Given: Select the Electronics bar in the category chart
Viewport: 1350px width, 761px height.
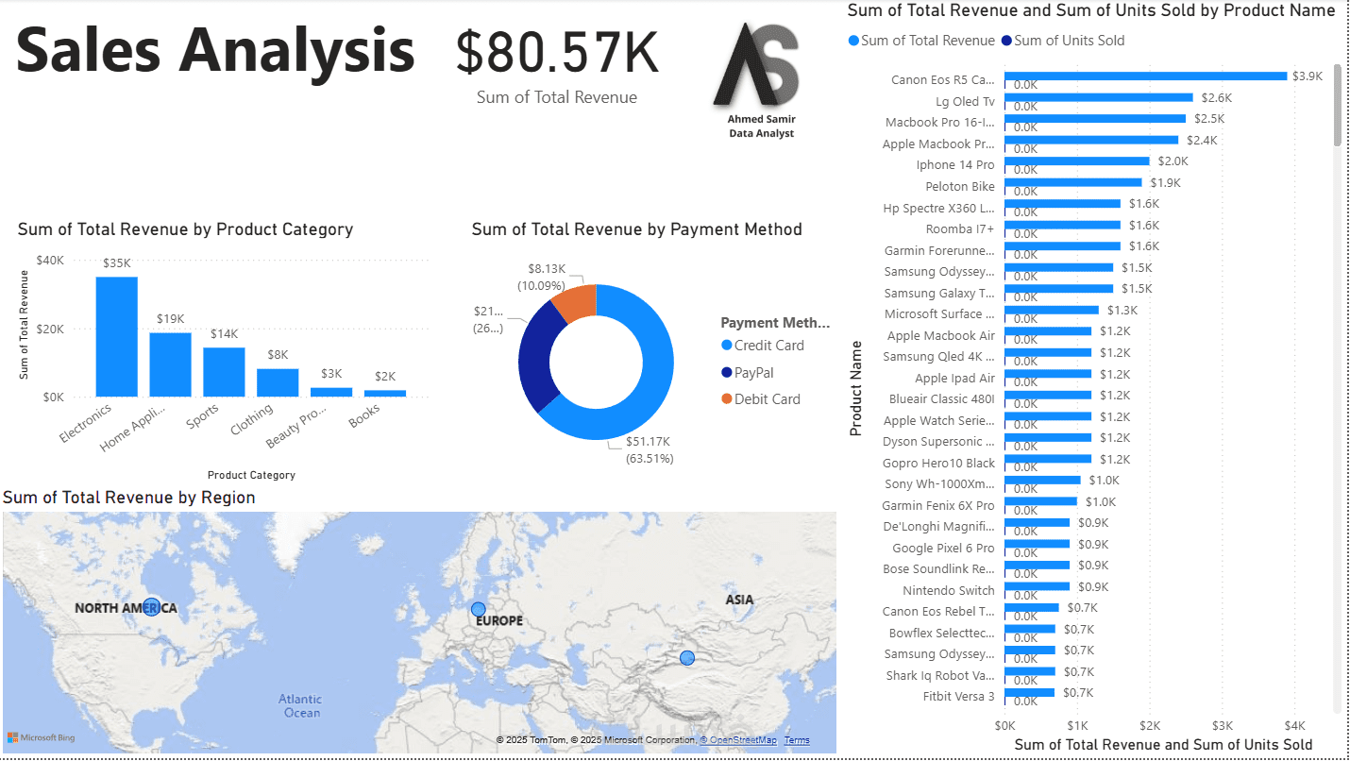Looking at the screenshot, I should click(x=116, y=336).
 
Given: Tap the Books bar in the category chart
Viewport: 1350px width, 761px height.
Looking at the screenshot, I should click(x=385, y=393).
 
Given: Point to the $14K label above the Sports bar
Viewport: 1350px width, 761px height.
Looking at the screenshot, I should click(x=225, y=334).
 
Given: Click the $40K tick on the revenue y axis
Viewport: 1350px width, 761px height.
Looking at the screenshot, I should click(x=50, y=261).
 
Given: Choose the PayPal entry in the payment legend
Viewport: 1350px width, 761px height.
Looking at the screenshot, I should click(x=753, y=372).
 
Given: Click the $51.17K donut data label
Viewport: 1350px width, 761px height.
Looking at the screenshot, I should click(x=649, y=442).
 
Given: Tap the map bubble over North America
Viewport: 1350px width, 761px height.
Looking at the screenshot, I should click(x=151, y=607).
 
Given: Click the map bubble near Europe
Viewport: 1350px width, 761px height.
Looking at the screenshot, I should click(x=479, y=610).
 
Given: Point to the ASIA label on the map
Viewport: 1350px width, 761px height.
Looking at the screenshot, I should click(x=739, y=600).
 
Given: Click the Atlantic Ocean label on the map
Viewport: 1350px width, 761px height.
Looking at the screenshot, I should click(x=299, y=705).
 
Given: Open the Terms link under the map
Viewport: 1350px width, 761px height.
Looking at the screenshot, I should click(x=797, y=740).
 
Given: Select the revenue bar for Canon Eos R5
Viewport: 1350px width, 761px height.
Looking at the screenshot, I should click(x=1145, y=76).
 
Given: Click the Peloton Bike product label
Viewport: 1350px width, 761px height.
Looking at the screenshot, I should click(x=959, y=186).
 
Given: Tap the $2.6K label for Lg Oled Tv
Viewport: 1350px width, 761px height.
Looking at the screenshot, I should click(x=1216, y=97).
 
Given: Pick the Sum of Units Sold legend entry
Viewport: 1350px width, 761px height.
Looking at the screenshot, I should click(x=1069, y=41).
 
